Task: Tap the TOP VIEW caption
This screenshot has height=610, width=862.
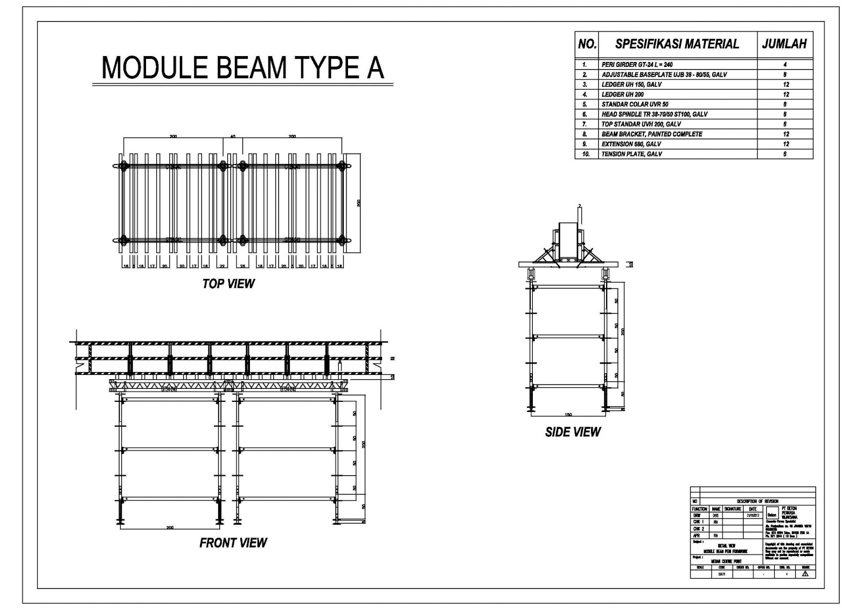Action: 228,284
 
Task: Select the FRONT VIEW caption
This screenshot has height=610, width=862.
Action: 233,543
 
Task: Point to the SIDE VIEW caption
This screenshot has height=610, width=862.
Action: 572,432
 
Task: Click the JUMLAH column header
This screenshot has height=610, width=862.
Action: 784,44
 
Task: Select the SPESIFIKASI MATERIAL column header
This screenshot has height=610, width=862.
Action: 677,44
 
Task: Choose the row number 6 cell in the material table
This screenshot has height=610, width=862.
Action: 585,114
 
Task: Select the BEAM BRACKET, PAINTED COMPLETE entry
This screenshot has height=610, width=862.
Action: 651,134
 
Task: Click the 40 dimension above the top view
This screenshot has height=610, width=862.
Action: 233,136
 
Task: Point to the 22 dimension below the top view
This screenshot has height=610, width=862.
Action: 221,266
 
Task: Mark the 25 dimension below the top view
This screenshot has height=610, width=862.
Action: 243,266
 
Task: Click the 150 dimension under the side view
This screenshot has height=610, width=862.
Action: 568,415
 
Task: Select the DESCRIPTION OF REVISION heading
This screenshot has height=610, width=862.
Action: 757,502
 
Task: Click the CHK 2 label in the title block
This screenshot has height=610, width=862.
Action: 698,529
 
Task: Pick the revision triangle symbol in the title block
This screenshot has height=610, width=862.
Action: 805,574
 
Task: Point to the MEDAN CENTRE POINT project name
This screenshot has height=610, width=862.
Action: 726,561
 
